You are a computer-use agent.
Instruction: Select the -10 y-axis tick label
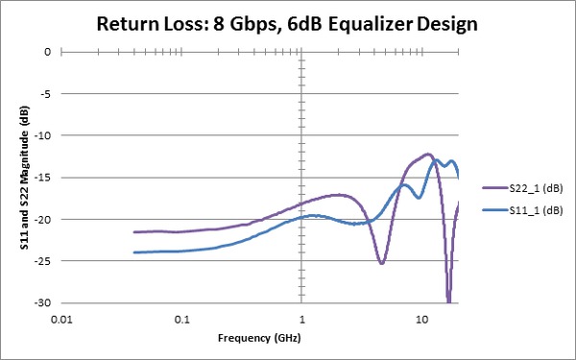[x=41, y=135]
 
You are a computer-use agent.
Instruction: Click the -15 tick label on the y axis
[x=41, y=178]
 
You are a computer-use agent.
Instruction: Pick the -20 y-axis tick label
[x=41, y=219]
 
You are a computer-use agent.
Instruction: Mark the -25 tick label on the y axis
[x=41, y=261]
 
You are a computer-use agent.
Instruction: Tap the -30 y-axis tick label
[x=41, y=302]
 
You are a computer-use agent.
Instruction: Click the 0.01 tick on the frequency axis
[x=62, y=318]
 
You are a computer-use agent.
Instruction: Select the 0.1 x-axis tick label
[x=182, y=318]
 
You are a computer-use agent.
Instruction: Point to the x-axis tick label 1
[x=302, y=318]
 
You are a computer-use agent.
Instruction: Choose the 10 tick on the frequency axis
[x=422, y=318]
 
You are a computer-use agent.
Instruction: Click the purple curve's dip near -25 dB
[x=381, y=262]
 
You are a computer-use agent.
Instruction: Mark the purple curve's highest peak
[x=428, y=154]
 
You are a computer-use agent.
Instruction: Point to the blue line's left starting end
[x=134, y=252]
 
